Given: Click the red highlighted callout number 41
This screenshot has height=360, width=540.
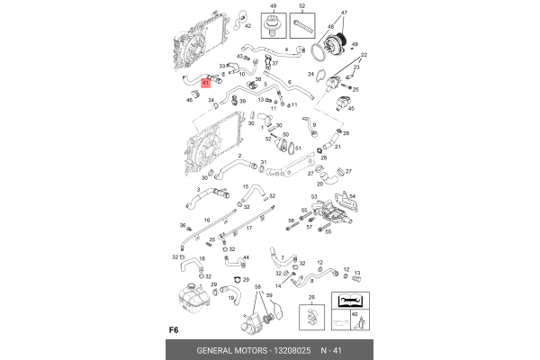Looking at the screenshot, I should [x=205, y=82].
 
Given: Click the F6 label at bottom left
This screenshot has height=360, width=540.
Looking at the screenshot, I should [x=175, y=328].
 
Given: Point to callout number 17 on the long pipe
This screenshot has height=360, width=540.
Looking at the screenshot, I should [x=248, y=229].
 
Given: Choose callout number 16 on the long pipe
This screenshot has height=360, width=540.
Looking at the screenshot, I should [x=206, y=219].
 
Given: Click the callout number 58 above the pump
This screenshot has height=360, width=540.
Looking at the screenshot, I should [x=257, y=287].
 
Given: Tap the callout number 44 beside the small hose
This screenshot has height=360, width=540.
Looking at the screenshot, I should [x=246, y=257].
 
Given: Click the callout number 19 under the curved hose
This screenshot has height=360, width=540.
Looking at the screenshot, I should [x=230, y=298].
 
